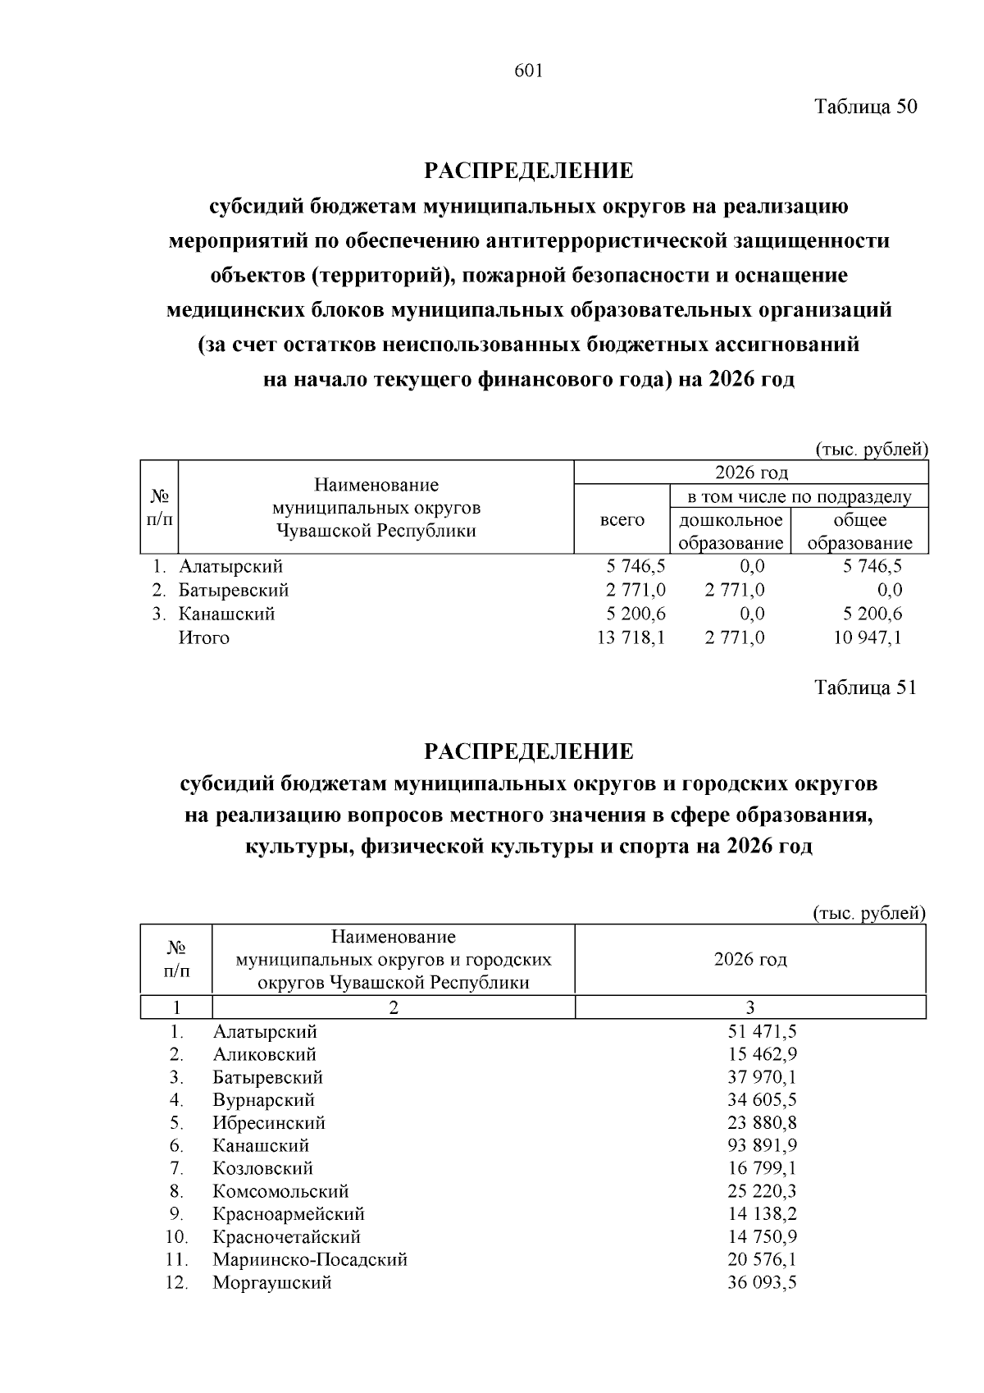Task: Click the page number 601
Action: pyautogui.click(x=529, y=71)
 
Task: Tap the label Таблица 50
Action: pyautogui.click(x=865, y=107)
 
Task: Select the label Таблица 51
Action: pyautogui.click(x=865, y=687)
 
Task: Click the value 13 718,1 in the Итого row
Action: pyautogui.click(x=631, y=637)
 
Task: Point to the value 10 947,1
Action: pyautogui.click(x=868, y=637)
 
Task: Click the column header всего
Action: pyautogui.click(x=622, y=520)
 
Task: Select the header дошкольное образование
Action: pyautogui.click(x=731, y=532)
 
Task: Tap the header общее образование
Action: pyautogui.click(x=859, y=532)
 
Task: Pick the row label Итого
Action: pyautogui.click(x=204, y=637)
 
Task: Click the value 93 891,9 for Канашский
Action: pyautogui.click(x=762, y=1145)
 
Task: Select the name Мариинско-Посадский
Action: pyautogui.click(x=310, y=1259)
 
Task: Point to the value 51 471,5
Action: pyautogui.click(x=762, y=1032)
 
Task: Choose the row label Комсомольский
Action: pyautogui.click(x=280, y=1191)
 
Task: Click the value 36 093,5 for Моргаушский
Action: pyautogui.click(x=762, y=1282)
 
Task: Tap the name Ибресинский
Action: pyautogui.click(x=269, y=1123)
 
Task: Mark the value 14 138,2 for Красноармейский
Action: pyautogui.click(x=762, y=1214)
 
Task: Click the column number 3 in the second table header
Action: pyautogui.click(x=749, y=1007)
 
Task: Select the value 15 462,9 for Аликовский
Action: pyautogui.click(x=762, y=1054)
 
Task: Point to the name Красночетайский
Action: pyautogui.click(x=286, y=1237)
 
